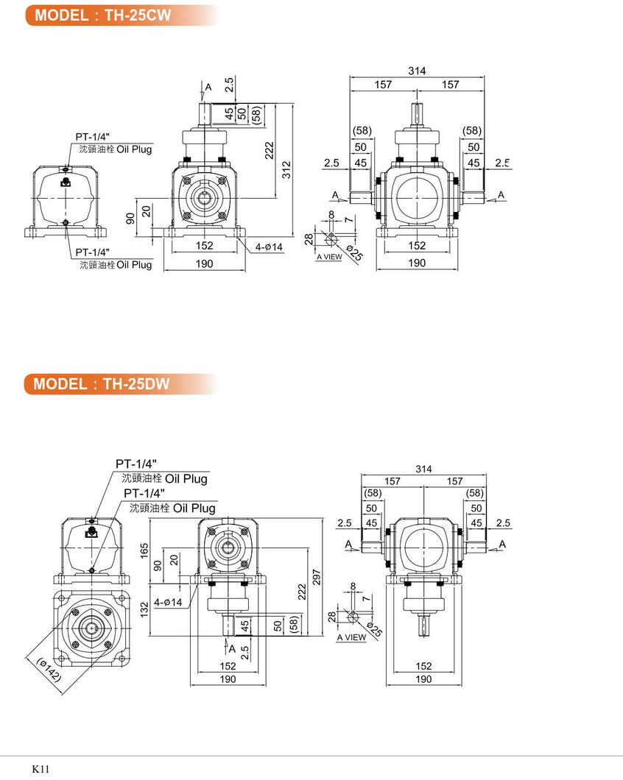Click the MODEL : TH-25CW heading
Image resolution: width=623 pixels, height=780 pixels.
(102, 15)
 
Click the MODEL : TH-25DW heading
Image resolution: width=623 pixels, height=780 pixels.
(102, 383)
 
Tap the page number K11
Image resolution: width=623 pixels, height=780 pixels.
(41, 768)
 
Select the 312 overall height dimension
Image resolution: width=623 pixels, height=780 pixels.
(287, 169)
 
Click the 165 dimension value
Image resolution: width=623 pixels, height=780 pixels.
(145, 550)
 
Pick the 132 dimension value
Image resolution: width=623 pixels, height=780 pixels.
(145, 608)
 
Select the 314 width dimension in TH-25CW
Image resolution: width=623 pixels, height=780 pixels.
(417, 71)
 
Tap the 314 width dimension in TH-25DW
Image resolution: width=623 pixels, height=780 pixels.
(423, 469)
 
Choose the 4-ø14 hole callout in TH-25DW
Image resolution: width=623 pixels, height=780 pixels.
(168, 602)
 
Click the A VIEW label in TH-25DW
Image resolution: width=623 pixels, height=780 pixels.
(351, 637)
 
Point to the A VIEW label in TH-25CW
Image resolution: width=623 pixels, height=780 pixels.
(329, 257)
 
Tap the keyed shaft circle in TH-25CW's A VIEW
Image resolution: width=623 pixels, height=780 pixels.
(331, 238)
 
